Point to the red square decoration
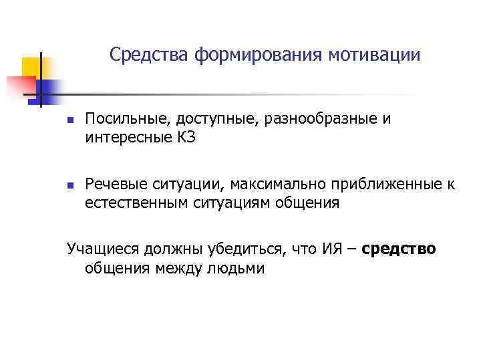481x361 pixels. [x=20, y=86]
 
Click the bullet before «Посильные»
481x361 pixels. [x=69, y=122]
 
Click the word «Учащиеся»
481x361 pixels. [x=100, y=251]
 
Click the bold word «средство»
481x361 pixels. [x=399, y=249]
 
